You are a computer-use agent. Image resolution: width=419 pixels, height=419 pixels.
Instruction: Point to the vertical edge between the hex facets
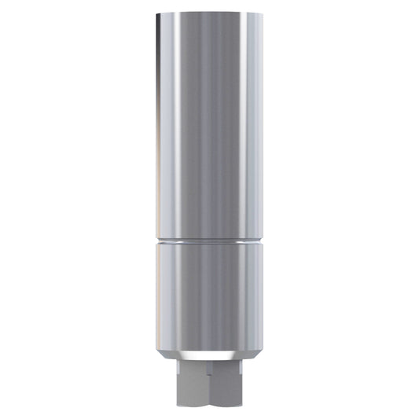[209, 389]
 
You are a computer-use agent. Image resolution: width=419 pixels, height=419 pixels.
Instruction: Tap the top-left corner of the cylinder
[156, 14]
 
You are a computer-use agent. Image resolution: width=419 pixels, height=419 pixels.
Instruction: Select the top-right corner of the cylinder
[263, 14]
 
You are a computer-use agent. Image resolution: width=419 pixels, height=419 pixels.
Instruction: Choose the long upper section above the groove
[209, 126]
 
